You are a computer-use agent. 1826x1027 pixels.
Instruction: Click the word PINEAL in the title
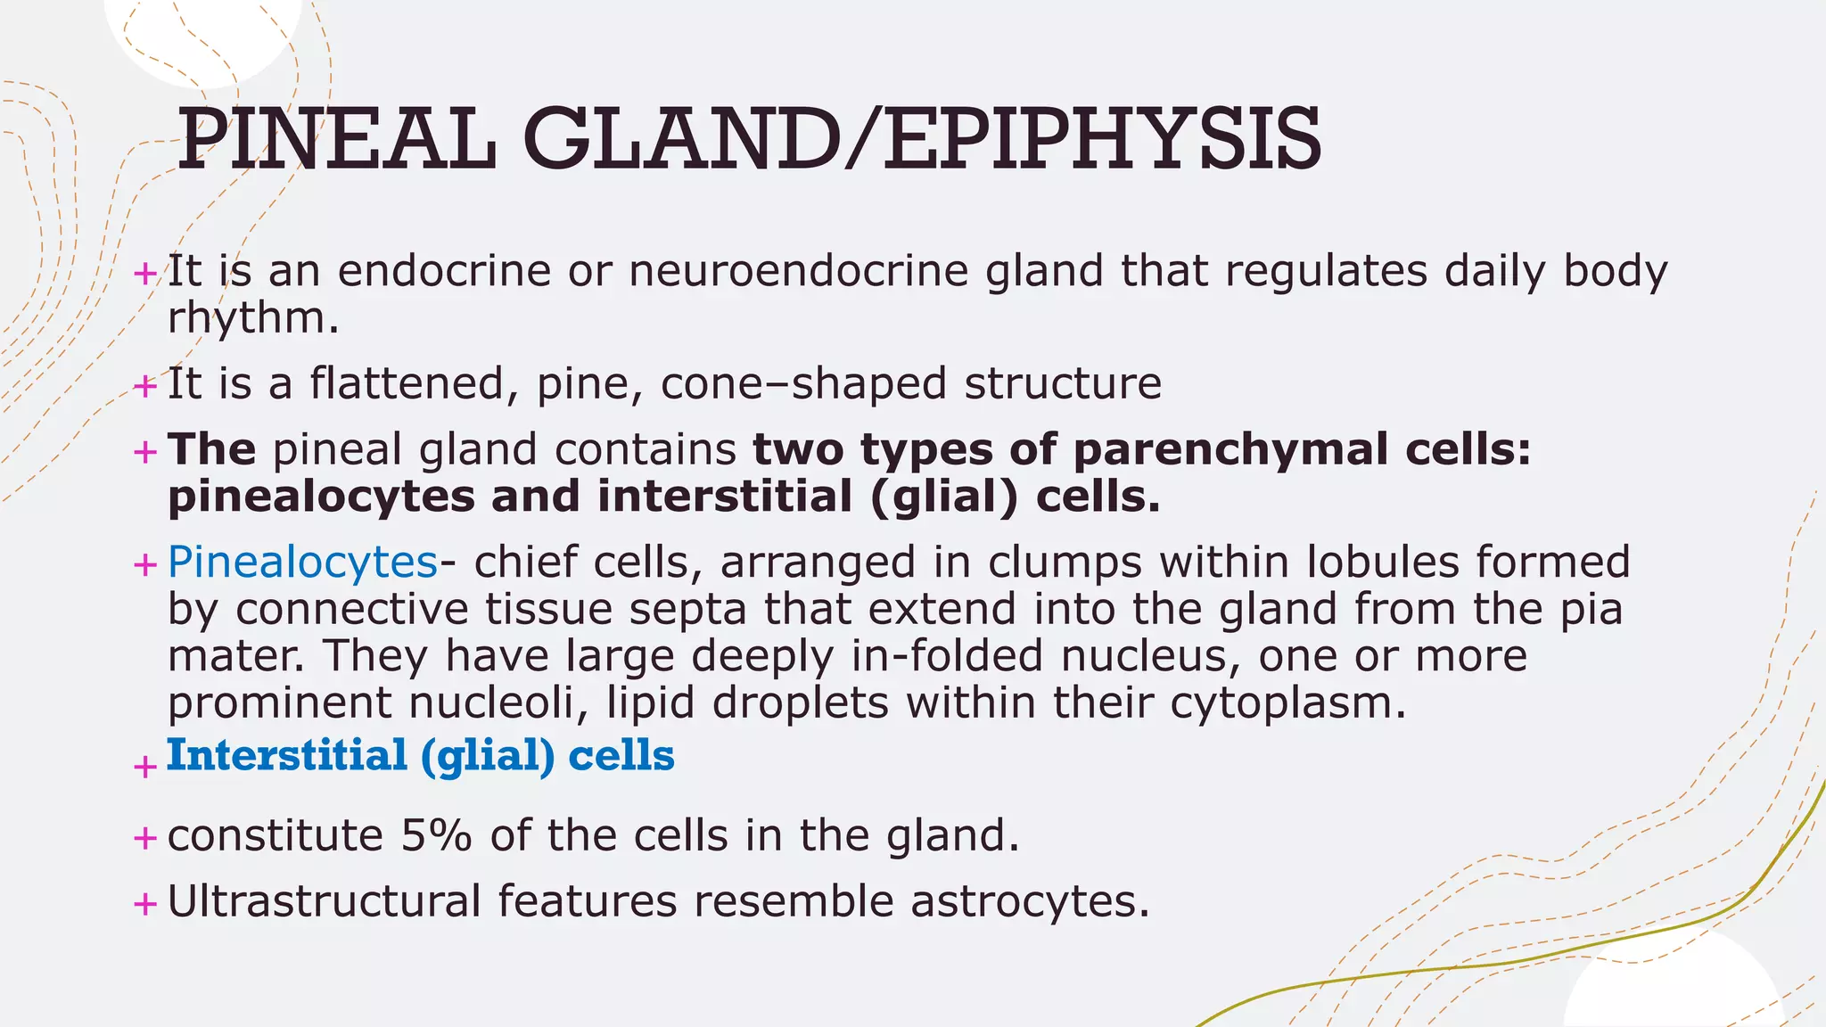pos(336,140)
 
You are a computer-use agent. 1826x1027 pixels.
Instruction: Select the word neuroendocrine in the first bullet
pos(798,271)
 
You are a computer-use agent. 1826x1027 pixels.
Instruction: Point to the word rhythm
pos(252,318)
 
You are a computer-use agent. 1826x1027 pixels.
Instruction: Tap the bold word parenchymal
pos(1230,449)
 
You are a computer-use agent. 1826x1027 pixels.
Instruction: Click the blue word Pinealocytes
pos(302,563)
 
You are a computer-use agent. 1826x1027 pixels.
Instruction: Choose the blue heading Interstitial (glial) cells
pos(420,756)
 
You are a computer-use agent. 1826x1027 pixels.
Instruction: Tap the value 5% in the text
pos(435,836)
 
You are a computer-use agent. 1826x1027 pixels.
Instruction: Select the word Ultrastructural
pos(324,901)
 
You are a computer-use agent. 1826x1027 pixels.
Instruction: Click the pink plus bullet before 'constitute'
pos(144,838)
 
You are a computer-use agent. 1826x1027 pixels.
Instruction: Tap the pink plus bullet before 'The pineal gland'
pos(144,452)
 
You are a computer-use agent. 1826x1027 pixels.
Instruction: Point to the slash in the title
pos(860,140)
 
